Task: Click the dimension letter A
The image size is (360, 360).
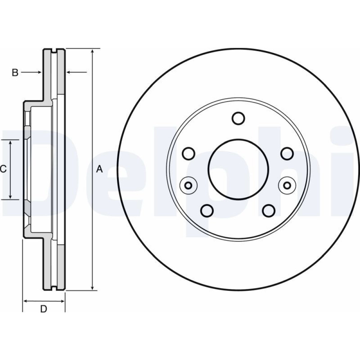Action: coord(100,169)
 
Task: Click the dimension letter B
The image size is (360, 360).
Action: coord(15,73)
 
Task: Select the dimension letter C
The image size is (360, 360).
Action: coord(3,168)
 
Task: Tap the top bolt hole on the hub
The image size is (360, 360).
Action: coord(238,118)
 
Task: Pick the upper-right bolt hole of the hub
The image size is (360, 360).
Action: coord(287,154)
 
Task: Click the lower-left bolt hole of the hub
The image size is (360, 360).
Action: coord(207,211)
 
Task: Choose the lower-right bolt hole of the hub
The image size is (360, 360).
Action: coord(269,211)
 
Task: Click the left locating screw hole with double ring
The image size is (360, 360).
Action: coord(188,185)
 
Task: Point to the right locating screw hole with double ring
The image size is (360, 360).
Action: coord(287,185)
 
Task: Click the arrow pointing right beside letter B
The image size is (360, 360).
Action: coord(39,73)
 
